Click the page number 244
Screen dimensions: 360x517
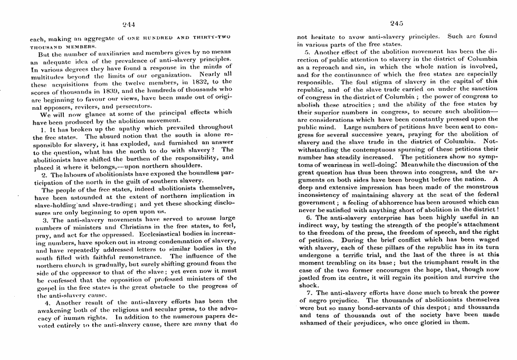tap(129, 23)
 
